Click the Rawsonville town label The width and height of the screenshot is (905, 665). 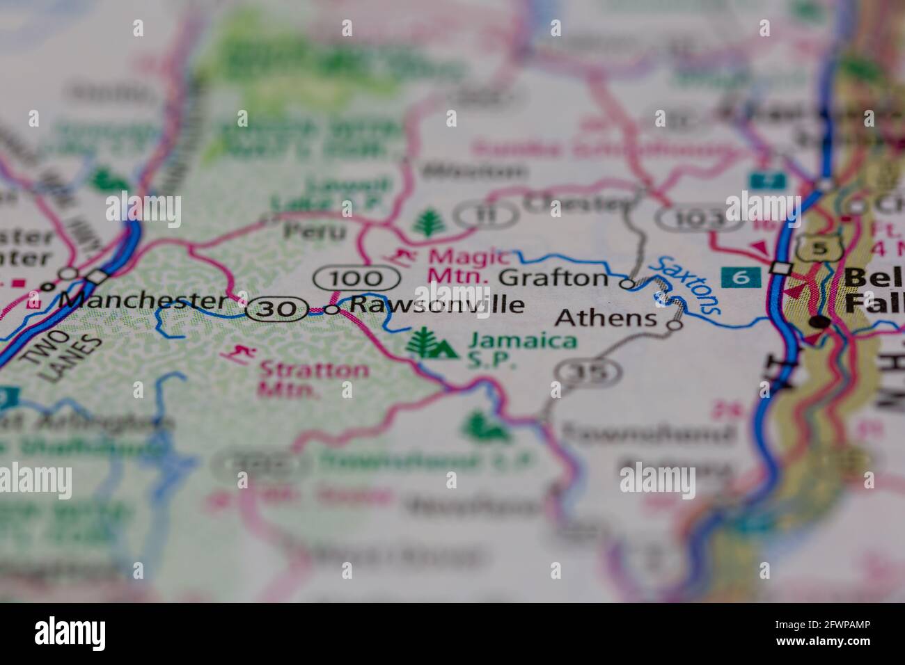pos(436,305)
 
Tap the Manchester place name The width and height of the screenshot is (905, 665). pos(143,301)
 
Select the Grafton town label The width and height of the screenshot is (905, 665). pos(554,278)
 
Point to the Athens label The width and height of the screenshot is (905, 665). pos(607,319)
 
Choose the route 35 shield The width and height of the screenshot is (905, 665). pos(589,372)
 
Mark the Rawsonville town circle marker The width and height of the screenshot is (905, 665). pos(333,310)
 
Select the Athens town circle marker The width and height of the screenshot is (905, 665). pos(675,325)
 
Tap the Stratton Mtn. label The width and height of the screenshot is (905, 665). pos(313,379)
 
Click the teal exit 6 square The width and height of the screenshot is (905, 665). pos(741,277)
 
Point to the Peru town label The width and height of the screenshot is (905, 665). pos(315,230)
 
